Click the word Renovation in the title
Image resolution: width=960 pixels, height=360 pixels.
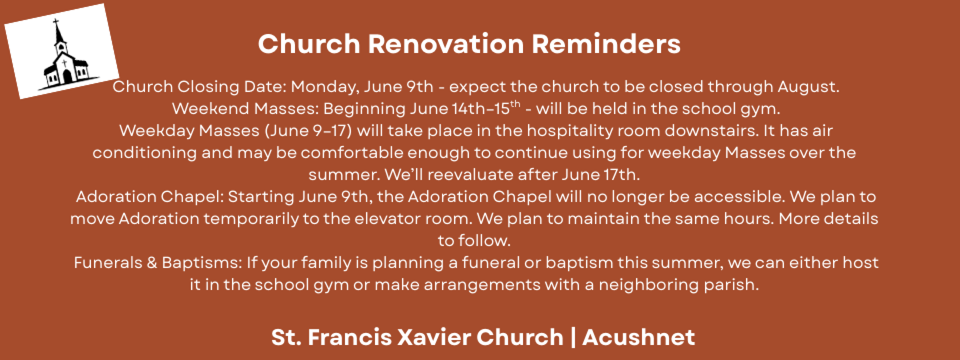[x=445, y=44]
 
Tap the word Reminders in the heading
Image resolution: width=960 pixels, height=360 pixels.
[x=606, y=44]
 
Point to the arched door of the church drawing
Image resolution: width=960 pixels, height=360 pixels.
[x=66, y=76]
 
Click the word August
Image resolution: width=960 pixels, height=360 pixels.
[x=808, y=87]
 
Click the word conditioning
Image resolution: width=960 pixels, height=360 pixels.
[x=144, y=152]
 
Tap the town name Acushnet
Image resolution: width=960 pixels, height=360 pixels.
[x=638, y=337]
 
